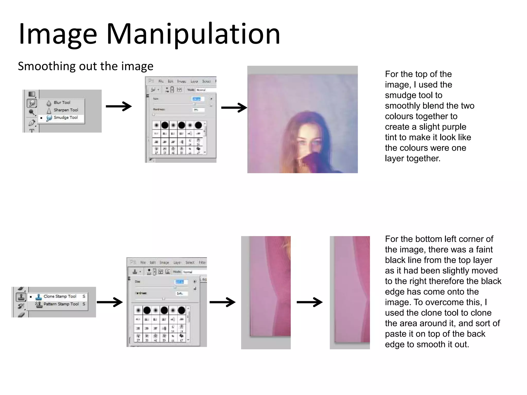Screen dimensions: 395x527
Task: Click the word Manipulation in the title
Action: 193,34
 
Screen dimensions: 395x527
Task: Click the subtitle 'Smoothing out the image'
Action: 85,66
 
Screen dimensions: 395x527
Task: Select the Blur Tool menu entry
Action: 62,103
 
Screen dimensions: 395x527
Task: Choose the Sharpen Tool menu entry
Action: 66,110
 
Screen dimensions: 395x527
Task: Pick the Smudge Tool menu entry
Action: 65,118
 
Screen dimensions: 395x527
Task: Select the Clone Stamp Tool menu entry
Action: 60,297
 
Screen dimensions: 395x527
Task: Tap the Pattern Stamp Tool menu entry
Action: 61,304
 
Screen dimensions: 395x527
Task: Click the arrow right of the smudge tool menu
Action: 119,106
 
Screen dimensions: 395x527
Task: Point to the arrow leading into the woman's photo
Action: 234,107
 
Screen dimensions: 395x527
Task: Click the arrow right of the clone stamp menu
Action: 110,302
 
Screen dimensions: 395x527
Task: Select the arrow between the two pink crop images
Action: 309,302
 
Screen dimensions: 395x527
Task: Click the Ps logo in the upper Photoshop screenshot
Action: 151,81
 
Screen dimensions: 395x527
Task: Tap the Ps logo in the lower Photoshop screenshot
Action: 133,262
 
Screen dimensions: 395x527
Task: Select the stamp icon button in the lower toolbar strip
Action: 21,297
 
